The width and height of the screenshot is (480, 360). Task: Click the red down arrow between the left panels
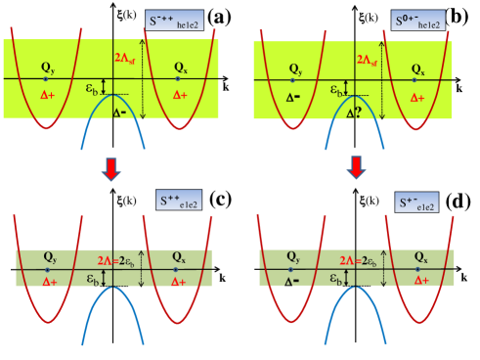[x=111, y=168]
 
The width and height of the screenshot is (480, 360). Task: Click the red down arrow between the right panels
[x=357, y=168]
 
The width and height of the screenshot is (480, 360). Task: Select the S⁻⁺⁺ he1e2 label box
[x=175, y=20]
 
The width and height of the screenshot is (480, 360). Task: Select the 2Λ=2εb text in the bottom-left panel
[x=116, y=260]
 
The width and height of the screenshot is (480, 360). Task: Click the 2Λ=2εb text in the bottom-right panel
[x=361, y=260]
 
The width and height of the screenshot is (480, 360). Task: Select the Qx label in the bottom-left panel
[x=175, y=257]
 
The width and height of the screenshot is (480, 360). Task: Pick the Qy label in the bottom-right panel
[x=291, y=257]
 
